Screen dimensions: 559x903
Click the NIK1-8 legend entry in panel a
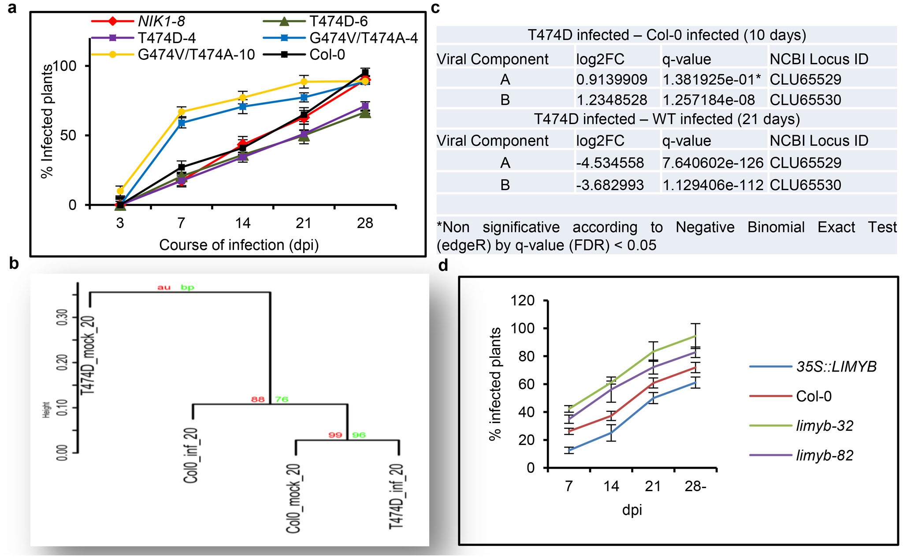click(x=161, y=21)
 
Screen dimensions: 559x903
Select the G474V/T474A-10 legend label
click(x=196, y=55)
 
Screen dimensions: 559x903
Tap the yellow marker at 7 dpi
click(x=181, y=112)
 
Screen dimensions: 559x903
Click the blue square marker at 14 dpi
click(x=242, y=107)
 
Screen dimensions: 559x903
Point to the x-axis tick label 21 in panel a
click(x=304, y=223)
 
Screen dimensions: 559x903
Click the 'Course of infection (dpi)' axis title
click(x=239, y=245)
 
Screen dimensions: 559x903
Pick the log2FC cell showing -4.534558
click(x=610, y=163)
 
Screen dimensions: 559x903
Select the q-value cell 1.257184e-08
click(x=709, y=100)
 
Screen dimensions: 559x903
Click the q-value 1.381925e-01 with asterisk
click(x=711, y=80)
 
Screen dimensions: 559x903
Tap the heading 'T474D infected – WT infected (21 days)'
click(x=666, y=119)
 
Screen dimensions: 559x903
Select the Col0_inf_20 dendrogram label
click(x=191, y=455)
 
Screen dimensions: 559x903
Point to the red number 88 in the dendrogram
click(x=258, y=399)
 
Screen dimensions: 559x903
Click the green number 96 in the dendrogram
click(x=359, y=435)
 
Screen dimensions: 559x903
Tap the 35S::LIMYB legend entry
click(x=836, y=367)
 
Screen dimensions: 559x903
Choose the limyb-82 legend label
click(x=824, y=455)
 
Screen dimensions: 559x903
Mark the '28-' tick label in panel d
click(x=695, y=486)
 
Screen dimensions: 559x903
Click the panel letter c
click(x=435, y=8)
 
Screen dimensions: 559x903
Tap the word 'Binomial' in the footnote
click(x=776, y=227)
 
